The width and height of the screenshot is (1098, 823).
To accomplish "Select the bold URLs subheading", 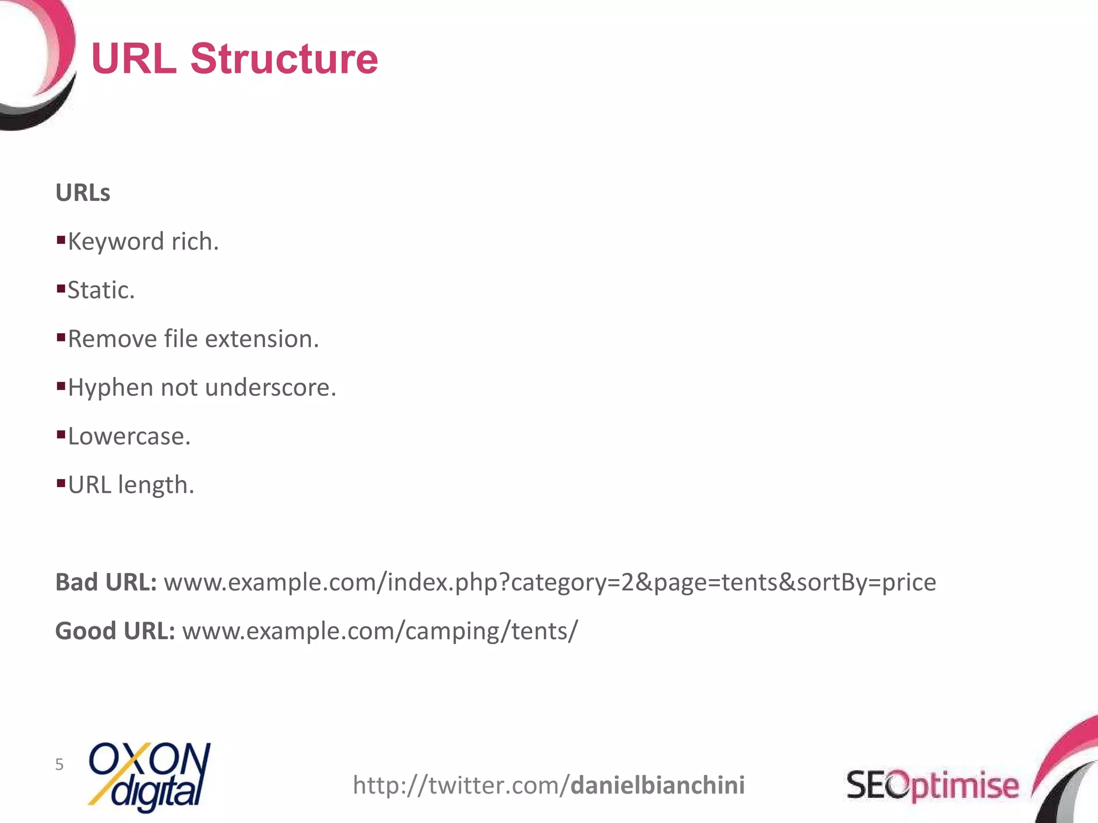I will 83,193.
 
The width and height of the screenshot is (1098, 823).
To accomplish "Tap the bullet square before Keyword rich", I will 61,238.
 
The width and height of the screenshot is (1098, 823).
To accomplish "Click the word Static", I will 101,290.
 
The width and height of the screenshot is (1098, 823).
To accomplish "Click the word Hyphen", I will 110,388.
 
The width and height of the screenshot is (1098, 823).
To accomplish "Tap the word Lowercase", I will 129,437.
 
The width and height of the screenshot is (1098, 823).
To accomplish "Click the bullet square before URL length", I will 61,482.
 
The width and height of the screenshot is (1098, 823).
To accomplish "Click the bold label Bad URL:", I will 106,582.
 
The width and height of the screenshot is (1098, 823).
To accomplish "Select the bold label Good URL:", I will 115,631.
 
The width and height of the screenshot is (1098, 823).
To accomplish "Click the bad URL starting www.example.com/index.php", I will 550,582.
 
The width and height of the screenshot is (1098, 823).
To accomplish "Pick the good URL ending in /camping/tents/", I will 380,631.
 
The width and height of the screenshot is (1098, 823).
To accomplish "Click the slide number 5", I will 59,765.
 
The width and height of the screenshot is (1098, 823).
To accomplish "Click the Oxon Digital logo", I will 149,776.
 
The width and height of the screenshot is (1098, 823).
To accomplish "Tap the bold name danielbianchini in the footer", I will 657,785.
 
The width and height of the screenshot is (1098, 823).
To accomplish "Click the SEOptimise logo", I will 932,785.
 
